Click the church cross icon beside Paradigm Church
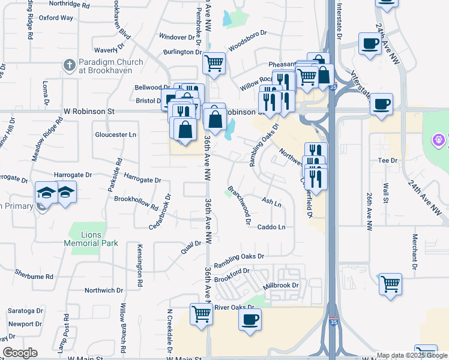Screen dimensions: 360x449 [x=70, y=64]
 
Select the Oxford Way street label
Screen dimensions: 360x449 [x=56, y=18]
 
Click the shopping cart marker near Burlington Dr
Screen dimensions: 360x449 [x=214, y=62]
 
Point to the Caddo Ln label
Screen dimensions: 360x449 [x=271, y=227]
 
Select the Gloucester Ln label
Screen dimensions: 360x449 [x=115, y=135]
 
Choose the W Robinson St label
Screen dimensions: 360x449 [x=89, y=112]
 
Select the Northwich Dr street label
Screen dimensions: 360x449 [x=103, y=290]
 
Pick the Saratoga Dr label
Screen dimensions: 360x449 [x=25, y=311]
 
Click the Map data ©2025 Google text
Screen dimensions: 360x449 [x=412, y=355]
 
